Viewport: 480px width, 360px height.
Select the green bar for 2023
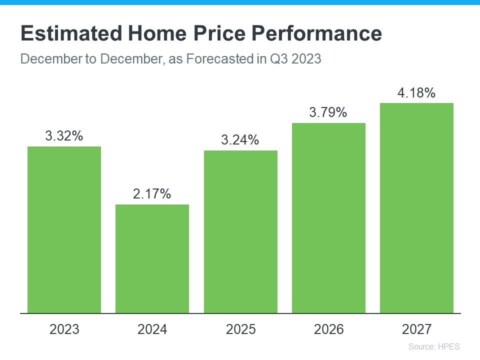point(64,229)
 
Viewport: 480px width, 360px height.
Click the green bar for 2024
point(152,258)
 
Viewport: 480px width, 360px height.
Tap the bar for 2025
point(240,231)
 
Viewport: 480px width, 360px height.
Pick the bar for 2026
point(328,218)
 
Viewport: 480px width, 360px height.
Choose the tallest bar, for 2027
point(416,208)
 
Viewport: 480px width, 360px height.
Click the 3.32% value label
point(64,135)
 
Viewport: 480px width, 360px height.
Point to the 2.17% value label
point(152,193)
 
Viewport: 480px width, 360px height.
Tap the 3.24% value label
point(240,140)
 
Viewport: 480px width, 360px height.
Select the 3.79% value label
point(328,112)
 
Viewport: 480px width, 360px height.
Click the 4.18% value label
point(416,92)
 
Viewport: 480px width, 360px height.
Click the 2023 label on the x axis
point(64,329)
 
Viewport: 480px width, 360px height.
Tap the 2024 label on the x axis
point(152,329)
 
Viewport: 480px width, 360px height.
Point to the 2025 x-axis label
point(240,329)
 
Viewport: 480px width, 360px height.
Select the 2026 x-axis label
point(328,329)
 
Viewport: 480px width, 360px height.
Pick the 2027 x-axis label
point(416,329)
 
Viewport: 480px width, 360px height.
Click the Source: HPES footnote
point(433,346)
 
